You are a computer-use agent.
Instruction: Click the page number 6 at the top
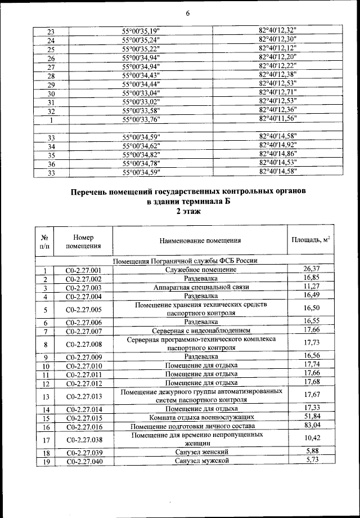[x=186, y=14]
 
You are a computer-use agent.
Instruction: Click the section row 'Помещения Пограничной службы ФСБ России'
[x=185, y=261]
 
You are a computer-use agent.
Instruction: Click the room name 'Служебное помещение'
[x=200, y=270]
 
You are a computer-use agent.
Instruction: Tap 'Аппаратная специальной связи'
[x=200, y=288]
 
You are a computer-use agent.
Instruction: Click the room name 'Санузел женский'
[x=200, y=452]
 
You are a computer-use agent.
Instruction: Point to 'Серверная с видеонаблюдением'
[x=200, y=330]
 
